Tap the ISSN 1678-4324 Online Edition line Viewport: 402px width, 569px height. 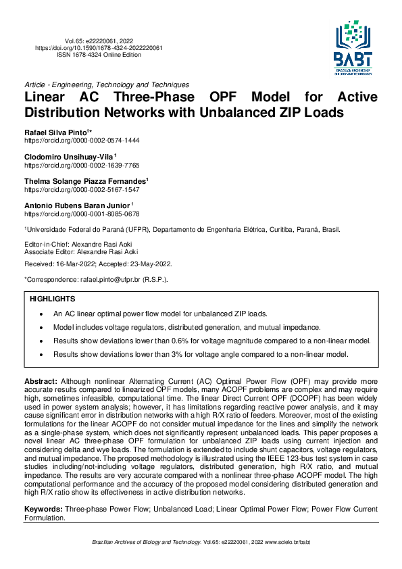click(x=99, y=55)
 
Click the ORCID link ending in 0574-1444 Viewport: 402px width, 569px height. click(x=82, y=139)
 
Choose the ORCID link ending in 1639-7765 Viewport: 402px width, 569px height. click(x=82, y=164)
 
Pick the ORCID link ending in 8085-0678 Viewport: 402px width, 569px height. click(x=82, y=214)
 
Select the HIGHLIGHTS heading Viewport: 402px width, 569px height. click(x=53, y=299)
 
